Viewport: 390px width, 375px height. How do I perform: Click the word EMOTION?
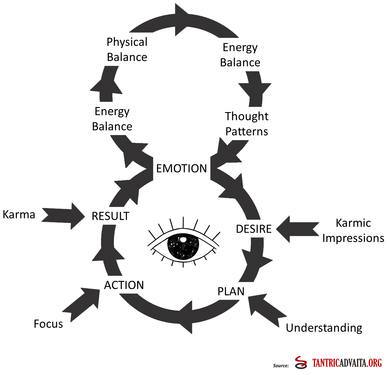coord(181,169)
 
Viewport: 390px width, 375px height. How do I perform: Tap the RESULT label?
coord(110,216)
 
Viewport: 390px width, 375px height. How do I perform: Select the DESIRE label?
coord(253,229)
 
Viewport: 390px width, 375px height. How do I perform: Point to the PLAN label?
coord(231,291)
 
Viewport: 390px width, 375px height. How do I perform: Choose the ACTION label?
coord(124,285)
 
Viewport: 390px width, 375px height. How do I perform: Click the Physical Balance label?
coord(127,50)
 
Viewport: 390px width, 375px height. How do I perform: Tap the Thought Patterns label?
coord(247,124)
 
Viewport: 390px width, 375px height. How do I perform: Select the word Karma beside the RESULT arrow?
coord(19,214)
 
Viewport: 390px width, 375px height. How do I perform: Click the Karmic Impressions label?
coord(353,230)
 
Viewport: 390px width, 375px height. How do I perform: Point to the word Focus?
coord(48,324)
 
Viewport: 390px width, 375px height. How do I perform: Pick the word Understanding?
coord(324,328)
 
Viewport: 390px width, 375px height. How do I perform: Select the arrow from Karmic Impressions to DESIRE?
coord(297,229)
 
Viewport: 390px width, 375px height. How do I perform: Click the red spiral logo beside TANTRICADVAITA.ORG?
coord(301,363)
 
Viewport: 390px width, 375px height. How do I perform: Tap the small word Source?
coord(281,365)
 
